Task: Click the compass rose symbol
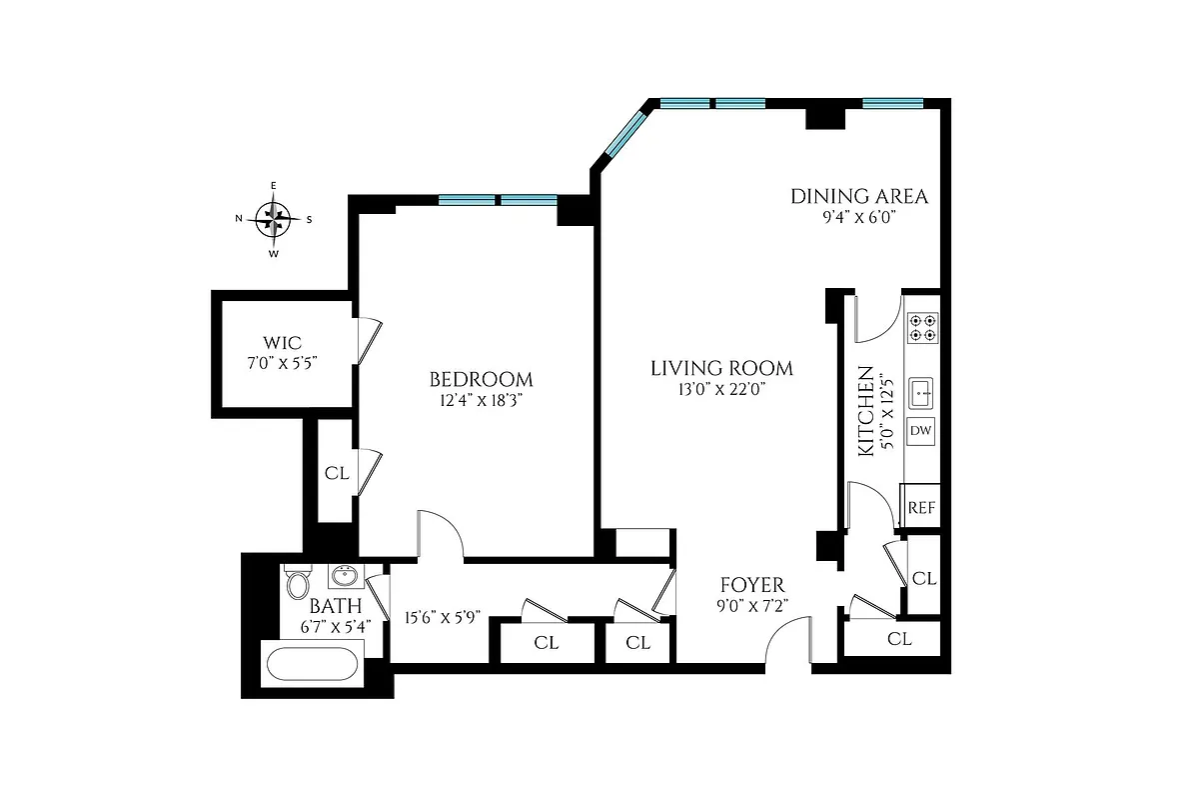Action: [x=274, y=219]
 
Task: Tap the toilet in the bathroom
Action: [x=297, y=582]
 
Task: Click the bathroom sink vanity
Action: [x=346, y=577]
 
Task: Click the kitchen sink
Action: [x=922, y=393]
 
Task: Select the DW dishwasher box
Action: [x=921, y=432]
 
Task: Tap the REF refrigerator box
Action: [x=921, y=507]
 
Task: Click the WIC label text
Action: [x=284, y=343]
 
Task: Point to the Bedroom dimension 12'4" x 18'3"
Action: [x=481, y=400]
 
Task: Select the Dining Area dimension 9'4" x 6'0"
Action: [x=859, y=216]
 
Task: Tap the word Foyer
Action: [x=752, y=585]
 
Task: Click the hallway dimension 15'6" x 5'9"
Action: [x=442, y=617]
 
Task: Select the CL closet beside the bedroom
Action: [x=337, y=473]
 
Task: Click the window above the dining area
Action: [x=892, y=103]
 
